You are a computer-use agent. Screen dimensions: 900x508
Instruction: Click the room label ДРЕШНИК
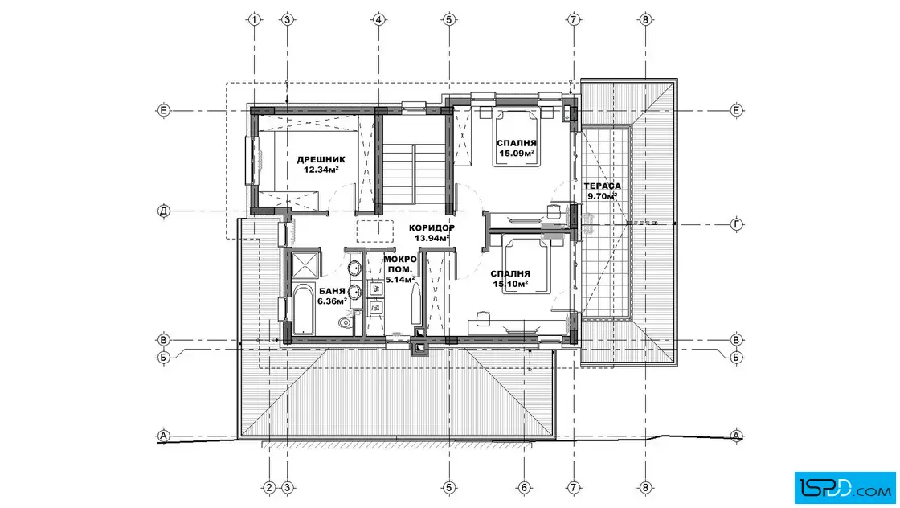[x=321, y=160]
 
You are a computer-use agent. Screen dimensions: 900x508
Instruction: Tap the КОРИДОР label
[x=432, y=228]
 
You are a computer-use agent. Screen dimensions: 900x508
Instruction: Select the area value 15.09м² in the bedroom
[x=517, y=154]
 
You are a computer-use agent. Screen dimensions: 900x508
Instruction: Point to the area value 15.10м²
[x=510, y=284]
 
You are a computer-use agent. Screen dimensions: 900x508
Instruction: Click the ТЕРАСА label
[x=602, y=186]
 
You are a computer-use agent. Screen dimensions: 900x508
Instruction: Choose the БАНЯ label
[x=332, y=291]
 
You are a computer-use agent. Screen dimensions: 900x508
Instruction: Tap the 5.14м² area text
[x=400, y=280]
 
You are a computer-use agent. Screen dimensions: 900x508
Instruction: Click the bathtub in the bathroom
[x=304, y=308]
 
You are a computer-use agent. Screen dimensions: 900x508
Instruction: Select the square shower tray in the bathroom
[x=305, y=265]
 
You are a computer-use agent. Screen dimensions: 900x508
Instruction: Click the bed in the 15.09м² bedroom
[x=517, y=137]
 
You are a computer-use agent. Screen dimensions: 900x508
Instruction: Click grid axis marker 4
[x=378, y=19]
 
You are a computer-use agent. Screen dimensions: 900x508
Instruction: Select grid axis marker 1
[x=254, y=19]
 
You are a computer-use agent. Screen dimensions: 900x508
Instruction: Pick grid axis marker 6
[x=524, y=488]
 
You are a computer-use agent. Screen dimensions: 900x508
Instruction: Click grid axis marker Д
[x=164, y=211]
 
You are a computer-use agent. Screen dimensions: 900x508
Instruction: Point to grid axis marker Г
[x=737, y=224]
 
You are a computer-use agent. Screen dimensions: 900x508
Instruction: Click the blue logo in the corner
[x=845, y=488]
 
